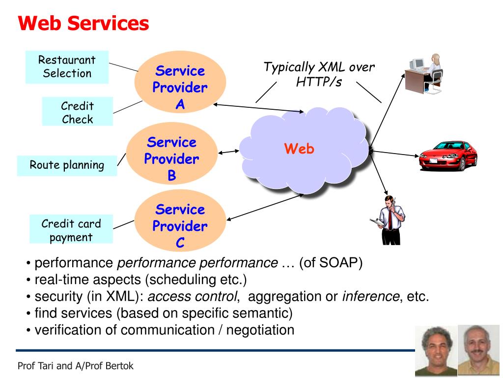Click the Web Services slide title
(x=84, y=23)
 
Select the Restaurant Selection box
(x=67, y=67)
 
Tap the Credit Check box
(x=77, y=112)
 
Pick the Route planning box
(x=67, y=165)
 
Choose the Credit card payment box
(x=71, y=230)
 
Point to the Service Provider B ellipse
(x=171, y=158)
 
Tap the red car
(x=447, y=155)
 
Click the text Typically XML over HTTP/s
(x=319, y=74)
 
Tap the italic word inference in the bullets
(x=371, y=296)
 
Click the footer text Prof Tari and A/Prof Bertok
(x=75, y=366)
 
